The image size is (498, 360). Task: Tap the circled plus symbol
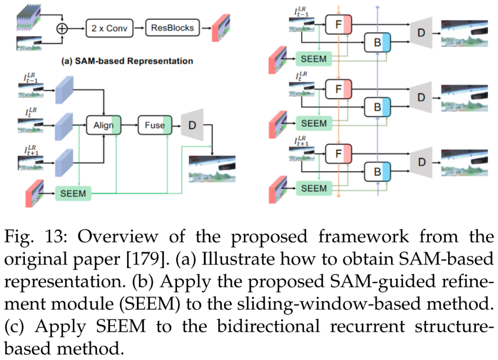click(62, 29)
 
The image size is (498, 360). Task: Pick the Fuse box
click(154, 125)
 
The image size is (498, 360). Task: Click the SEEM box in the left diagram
click(73, 194)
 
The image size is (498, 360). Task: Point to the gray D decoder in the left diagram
click(191, 125)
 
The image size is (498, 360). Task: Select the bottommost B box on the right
click(377, 173)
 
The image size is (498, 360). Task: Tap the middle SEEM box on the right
click(314, 124)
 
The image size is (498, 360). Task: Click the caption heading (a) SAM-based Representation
click(127, 61)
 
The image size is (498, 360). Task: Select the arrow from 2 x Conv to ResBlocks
click(139, 29)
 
